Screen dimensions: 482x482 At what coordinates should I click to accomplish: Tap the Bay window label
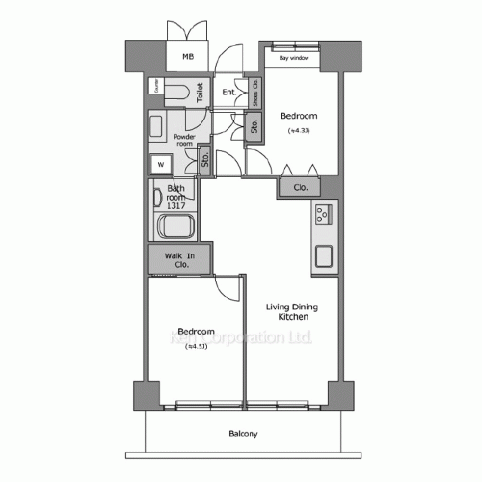pos(293,58)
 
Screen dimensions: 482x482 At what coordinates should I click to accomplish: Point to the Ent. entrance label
pos(228,93)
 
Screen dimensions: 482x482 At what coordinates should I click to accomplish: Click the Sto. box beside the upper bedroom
pos(254,126)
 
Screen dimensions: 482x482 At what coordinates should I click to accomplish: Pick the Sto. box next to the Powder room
pos(205,161)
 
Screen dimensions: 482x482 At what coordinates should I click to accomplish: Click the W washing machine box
pos(159,163)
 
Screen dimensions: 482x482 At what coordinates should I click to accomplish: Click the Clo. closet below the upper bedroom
pos(300,188)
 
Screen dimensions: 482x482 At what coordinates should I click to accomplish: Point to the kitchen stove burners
pos(322,214)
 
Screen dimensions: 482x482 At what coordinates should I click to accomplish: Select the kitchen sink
pos(322,256)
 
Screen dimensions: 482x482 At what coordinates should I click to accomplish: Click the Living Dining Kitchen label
pos(292,311)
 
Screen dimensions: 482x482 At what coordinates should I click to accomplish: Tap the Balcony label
pos(243,434)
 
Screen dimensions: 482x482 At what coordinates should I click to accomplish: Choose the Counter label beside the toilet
pos(154,88)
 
